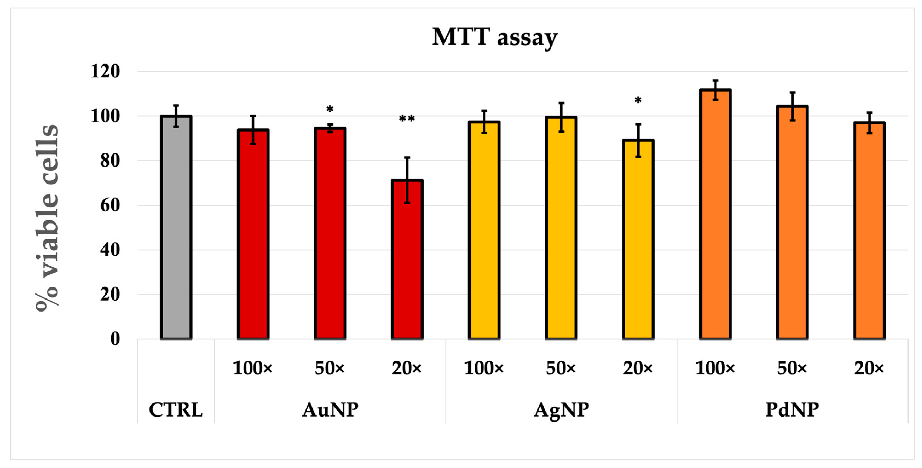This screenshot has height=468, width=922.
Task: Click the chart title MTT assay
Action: pyautogui.click(x=494, y=37)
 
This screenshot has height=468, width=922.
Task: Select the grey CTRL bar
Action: pyautogui.click(x=176, y=229)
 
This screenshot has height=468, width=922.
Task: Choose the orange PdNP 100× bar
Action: pyautogui.click(x=715, y=215)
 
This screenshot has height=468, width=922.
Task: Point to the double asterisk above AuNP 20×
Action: pyautogui.click(x=407, y=119)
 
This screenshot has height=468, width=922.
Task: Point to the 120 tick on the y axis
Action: pyautogui.click(x=105, y=71)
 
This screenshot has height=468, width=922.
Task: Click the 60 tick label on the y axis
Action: pyautogui.click(x=110, y=205)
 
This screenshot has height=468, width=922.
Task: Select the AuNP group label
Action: pyautogui.click(x=330, y=410)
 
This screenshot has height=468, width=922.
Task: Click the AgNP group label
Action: pyautogui.click(x=561, y=410)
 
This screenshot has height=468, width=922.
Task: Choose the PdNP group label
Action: pyautogui.click(x=792, y=410)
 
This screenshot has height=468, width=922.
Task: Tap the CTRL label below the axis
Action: pyautogui.click(x=176, y=410)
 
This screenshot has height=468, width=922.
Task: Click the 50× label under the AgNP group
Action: pyautogui.click(x=561, y=368)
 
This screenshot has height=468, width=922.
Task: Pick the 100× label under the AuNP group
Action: pyautogui.click(x=253, y=368)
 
